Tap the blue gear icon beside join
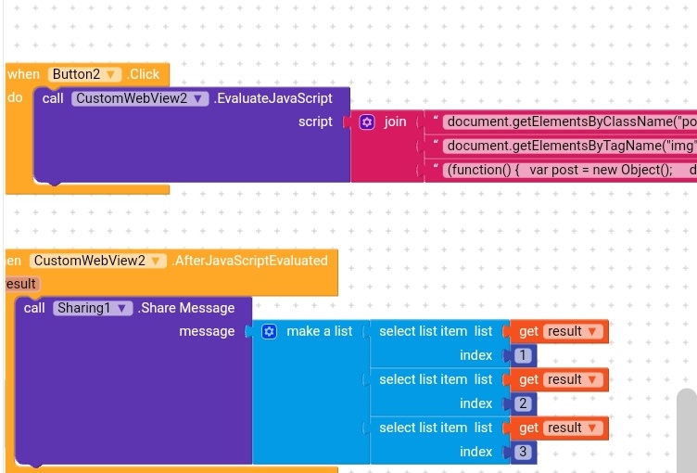367,121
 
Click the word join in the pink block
396,121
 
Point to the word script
315,121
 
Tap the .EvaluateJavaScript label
273,98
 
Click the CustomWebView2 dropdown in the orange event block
97,261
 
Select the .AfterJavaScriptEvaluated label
250,261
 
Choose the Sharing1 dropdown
93,308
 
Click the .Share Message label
186,308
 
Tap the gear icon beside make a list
269,331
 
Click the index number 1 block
523,355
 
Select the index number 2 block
523,403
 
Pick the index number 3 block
523,452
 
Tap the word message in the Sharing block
207,331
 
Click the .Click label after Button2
144,74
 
